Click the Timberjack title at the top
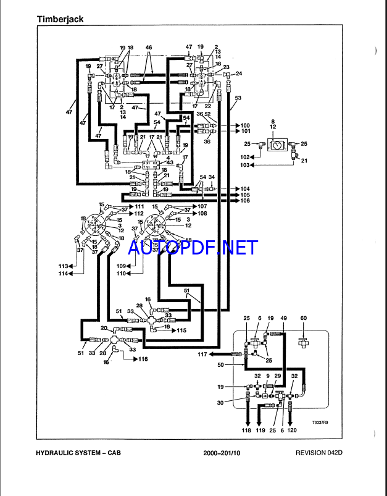60,19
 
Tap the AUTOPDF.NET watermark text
192,248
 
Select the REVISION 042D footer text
318,453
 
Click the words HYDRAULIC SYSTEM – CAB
78,453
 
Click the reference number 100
245,125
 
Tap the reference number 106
245,201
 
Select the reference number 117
202,354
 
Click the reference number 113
64,266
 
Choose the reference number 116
143,359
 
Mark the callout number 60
303,317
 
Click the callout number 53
238,98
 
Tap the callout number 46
148,48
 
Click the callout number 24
239,73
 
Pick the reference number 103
245,166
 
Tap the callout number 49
283,317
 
